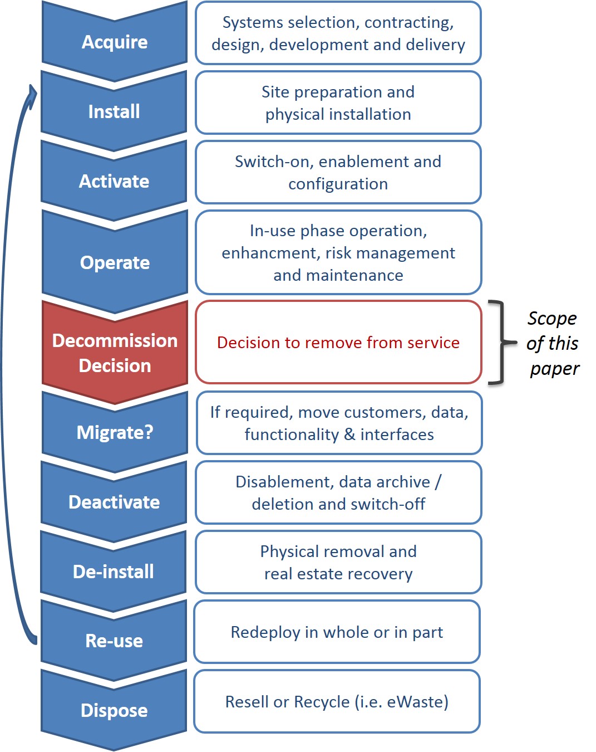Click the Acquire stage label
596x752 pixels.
click(x=115, y=42)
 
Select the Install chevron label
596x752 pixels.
click(x=114, y=112)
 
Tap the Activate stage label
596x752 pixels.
click(x=114, y=182)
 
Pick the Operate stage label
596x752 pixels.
click(x=115, y=263)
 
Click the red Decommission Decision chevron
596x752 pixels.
click(x=115, y=353)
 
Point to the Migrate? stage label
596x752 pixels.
click(x=115, y=433)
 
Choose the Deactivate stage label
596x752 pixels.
click(x=114, y=502)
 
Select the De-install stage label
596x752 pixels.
click(x=114, y=572)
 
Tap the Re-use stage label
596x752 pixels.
click(x=114, y=641)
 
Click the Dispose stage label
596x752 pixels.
click(x=114, y=711)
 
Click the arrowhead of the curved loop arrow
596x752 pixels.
click(x=32, y=92)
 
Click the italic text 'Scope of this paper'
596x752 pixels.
click(x=553, y=343)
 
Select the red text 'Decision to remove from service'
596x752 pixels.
click(x=338, y=343)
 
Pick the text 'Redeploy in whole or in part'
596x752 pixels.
click(x=337, y=632)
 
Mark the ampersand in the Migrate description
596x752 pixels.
click(x=350, y=434)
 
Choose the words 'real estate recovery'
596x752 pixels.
click(x=338, y=574)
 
